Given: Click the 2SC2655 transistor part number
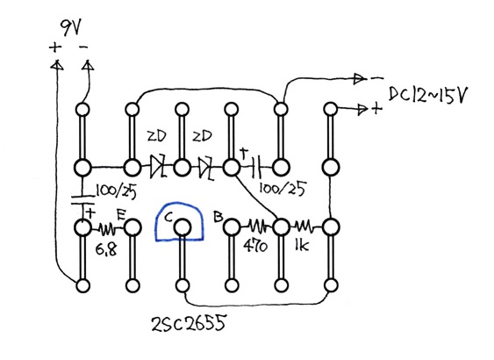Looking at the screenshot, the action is tap(189, 323).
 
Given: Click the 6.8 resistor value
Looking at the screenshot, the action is tap(106, 249).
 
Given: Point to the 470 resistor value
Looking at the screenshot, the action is tap(254, 246).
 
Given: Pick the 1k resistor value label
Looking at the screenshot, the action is tap(302, 245).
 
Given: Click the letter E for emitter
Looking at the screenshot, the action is tap(121, 215).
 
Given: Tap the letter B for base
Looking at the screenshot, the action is tap(218, 216).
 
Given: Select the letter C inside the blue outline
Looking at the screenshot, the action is tap(168, 217).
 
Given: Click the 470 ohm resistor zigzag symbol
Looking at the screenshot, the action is tap(257, 226).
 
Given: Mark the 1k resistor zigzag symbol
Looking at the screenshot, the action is tap(304, 226).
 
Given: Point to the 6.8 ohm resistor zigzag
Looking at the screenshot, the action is tap(107, 228).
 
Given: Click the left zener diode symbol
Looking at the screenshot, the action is tap(158, 167).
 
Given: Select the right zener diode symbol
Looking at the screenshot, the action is tap(206, 168).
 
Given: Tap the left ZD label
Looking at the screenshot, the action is tap(156, 136).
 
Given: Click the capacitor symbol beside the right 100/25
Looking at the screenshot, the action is tap(256, 166).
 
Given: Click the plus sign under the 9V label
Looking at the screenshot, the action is tap(55, 47).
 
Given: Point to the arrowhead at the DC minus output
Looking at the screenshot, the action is tap(359, 78).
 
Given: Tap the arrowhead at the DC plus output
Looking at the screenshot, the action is tap(362, 110).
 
